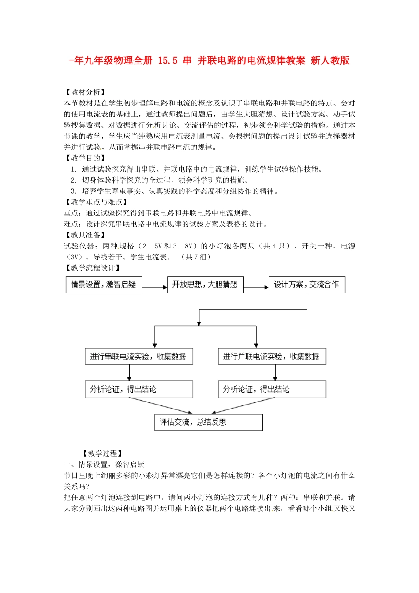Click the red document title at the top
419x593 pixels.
pos(209,60)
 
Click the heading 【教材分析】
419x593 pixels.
pos(85,92)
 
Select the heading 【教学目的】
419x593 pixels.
pos(85,158)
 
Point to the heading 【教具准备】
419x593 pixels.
pos(85,235)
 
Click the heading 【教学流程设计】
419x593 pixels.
pos(93,268)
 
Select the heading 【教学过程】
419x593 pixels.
pos(102,454)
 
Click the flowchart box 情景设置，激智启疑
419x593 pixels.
pos(104,285)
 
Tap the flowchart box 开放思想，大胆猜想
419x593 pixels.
pos(205,285)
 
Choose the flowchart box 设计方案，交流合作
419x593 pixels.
pos(307,285)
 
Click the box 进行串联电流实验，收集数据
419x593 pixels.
pos(138,357)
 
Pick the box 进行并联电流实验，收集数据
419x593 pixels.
pos(272,357)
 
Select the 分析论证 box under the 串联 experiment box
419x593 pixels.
pos(138,389)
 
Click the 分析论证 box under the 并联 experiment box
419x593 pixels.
pos(272,389)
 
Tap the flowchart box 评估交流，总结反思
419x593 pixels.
pos(208,422)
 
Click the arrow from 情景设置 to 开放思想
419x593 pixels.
pos(154,288)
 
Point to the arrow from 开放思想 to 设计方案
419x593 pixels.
pos(256,288)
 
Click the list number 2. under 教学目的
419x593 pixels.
pos(74,180)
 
